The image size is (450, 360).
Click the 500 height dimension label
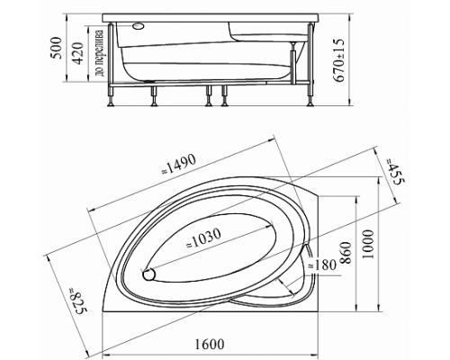tap(56, 49)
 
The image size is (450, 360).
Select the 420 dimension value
tap(77, 54)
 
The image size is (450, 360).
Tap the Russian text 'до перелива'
tap(99, 53)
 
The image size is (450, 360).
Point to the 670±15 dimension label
tap(338, 61)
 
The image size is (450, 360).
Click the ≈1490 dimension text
tap(179, 165)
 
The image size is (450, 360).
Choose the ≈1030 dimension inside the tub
tap(204, 238)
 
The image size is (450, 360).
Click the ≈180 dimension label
tap(321, 265)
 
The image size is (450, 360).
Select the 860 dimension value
tap(346, 253)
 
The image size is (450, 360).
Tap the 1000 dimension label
tap(368, 245)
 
